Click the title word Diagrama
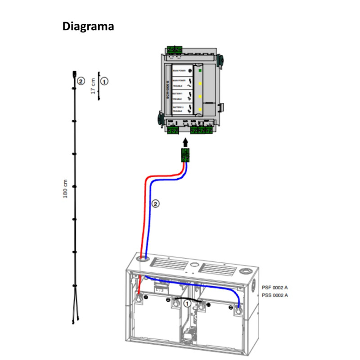(x=88, y=27)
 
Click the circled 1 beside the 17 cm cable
(x=104, y=81)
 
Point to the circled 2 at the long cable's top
(x=81, y=81)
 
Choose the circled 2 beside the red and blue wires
(x=156, y=204)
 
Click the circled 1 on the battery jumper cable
(x=188, y=304)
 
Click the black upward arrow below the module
(x=184, y=142)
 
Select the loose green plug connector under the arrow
(x=184, y=155)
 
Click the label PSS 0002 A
(x=274, y=295)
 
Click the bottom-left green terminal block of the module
(x=172, y=131)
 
